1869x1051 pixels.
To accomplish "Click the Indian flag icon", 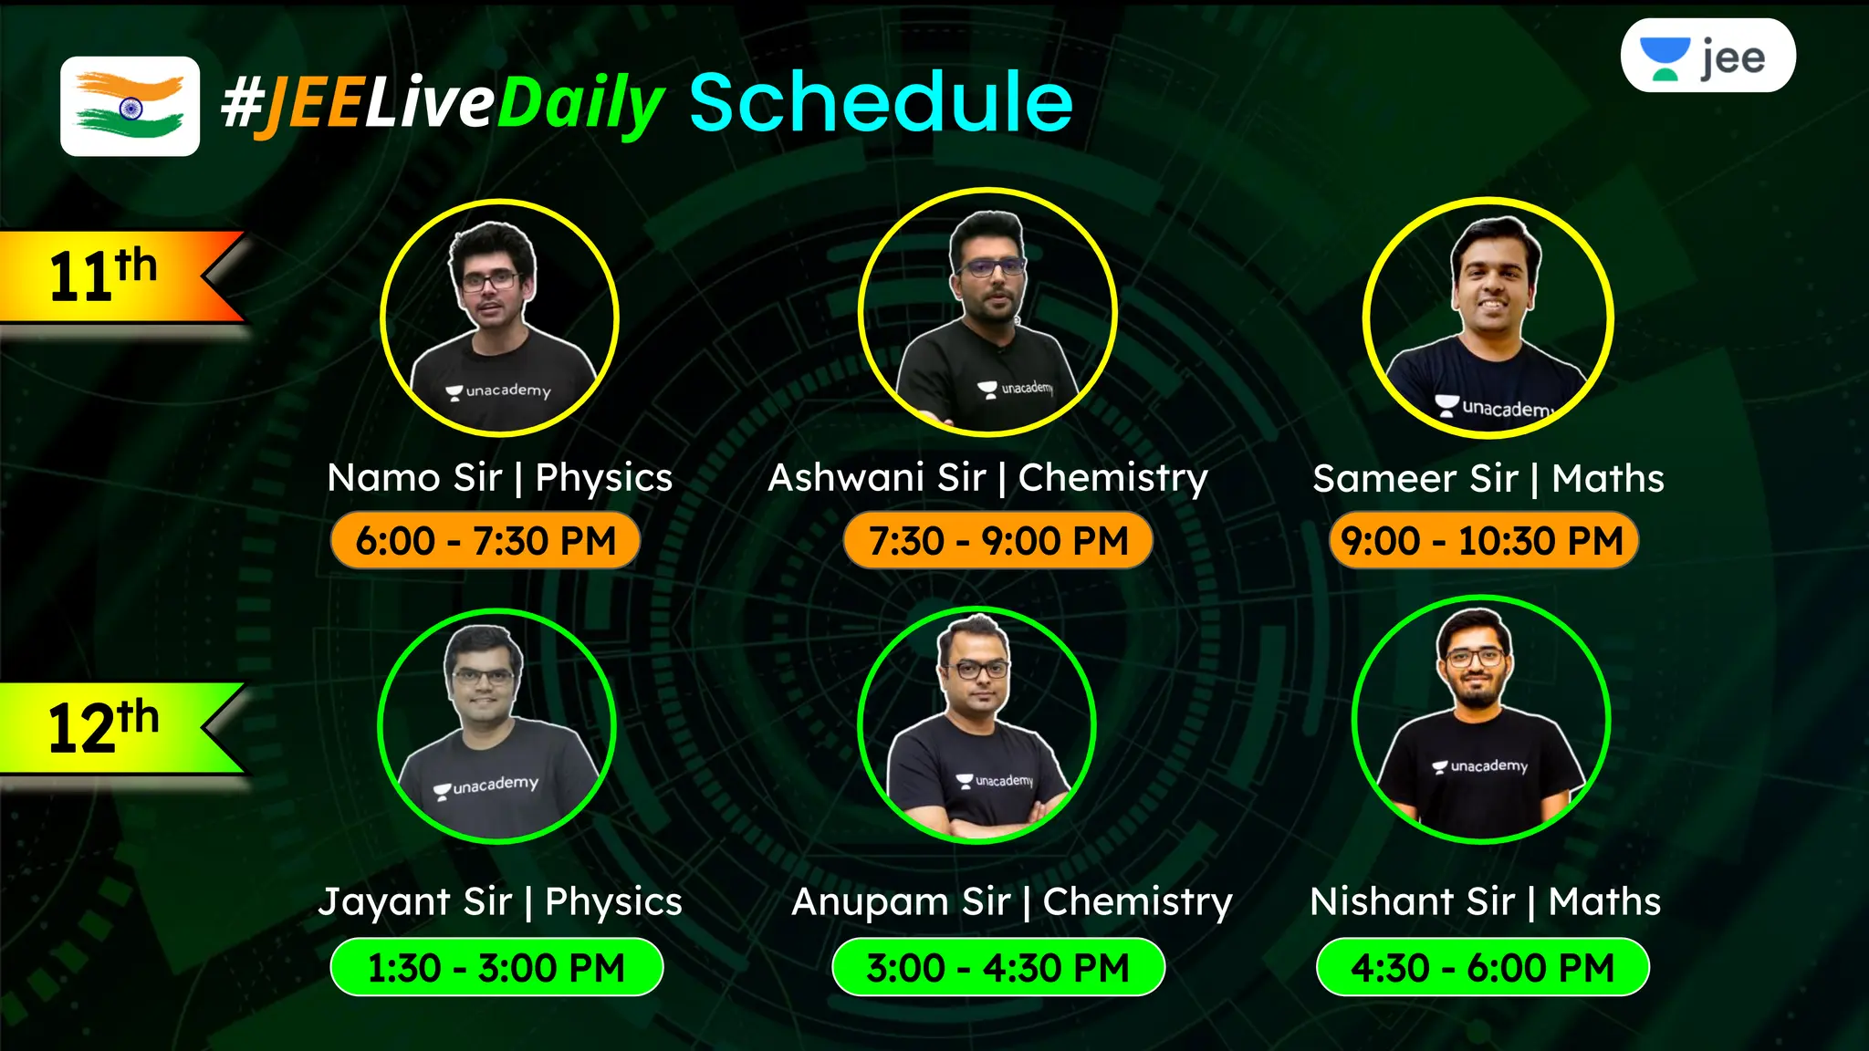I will click(x=130, y=106).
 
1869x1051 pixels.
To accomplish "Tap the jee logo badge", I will click(x=1707, y=57).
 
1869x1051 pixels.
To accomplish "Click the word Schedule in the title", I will click(x=881, y=102).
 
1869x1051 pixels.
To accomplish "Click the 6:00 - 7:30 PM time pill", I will click(x=485, y=541).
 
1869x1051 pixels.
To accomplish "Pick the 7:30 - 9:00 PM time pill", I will click(x=997, y=541).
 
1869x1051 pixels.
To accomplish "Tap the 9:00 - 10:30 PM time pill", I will click(x=1483, y=541).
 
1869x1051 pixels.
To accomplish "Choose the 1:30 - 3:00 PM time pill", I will click(x=496, y=967).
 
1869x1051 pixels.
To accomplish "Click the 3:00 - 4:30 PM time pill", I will click(x=997, y=967).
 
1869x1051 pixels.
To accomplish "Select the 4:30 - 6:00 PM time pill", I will click(x=1482, y=967).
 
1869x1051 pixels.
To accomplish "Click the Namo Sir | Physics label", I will click(x=499, y=478).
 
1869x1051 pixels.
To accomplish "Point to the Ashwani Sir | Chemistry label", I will click(x=987, y=478).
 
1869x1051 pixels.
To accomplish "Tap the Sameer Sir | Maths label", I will click(x=1488, y=479).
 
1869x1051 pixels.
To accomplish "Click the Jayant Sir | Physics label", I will click(x=500, y=902).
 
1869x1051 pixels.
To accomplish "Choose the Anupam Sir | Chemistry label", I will click(x=1011, y=902).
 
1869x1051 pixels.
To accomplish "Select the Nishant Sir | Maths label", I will click(x=1485, y=902).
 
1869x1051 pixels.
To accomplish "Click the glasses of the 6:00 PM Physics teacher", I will click(x=489, y=281).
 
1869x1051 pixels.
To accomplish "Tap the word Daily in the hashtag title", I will click(x=580, y=104).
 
